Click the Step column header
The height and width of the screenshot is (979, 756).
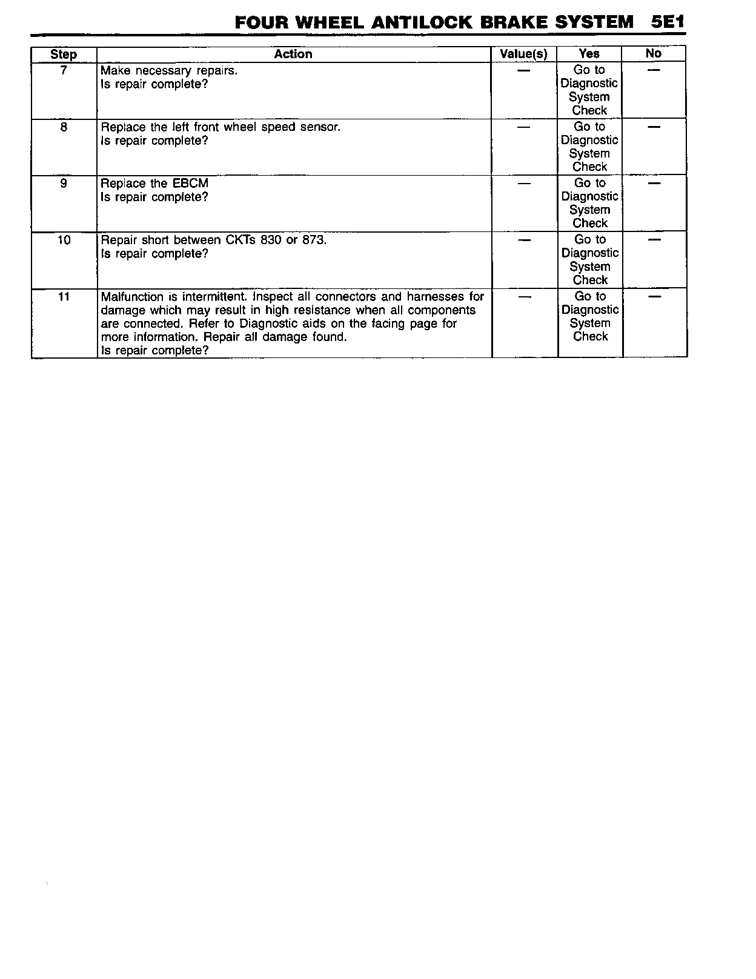pyautogui.click(x=64, y=55)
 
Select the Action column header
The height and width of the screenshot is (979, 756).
pyautogui.click(x=293, y=55)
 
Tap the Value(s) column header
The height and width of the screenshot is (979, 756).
pyautogui.click(x=523, y=55)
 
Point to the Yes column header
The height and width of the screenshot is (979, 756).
pyautogui.click(x=589, y=54)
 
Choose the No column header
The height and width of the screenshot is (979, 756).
pyautogui.click(x=654, y=54)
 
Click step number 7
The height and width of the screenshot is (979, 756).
pyautogui.click(x=64, y=70)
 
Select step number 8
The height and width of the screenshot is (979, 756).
pyautogui.click(x=64, y=127)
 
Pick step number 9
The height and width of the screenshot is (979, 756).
pyautogui.click(x=64, y=184)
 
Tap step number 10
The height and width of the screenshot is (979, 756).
pyautogui.click(x=64, y=241)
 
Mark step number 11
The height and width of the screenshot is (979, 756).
pyautogui.click(x=64, y=297)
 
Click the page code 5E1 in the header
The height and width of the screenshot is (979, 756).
pyautogui.click(x=668, y=22)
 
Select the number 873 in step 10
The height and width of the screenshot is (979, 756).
pyautogui.click(x=314, y=240)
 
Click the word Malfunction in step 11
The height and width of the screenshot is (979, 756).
pyautogui.click(x=132, y=297)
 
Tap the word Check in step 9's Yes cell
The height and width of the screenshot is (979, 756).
pyautogui.click(x=590, y=224)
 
